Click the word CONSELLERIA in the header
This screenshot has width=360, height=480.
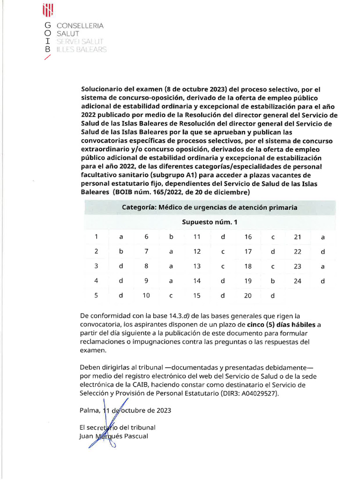(80, 26)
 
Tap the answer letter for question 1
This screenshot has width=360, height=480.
(121, 237)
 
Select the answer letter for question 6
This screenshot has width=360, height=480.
(171, 237)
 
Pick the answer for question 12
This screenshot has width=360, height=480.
(223, 252)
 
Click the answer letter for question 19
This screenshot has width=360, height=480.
(273, 281)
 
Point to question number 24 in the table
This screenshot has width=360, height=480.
(297, 281)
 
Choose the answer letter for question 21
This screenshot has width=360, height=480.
(322, 237)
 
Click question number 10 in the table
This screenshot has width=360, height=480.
(146, 296)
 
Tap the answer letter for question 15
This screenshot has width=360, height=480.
(223, 296)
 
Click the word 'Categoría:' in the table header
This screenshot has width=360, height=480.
(139, 207)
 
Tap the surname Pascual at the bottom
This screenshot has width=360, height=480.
(136, 436)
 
